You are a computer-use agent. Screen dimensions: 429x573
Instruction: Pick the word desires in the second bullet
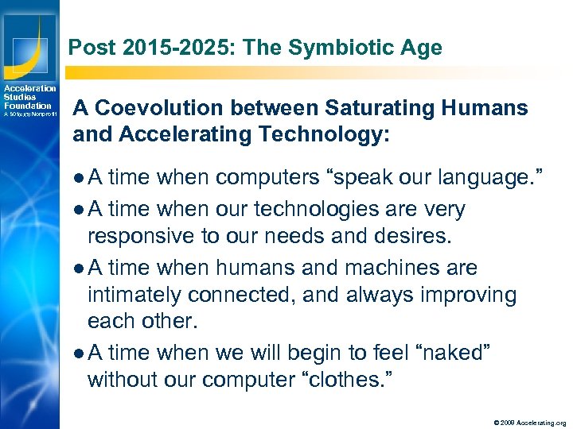click(413, 235)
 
